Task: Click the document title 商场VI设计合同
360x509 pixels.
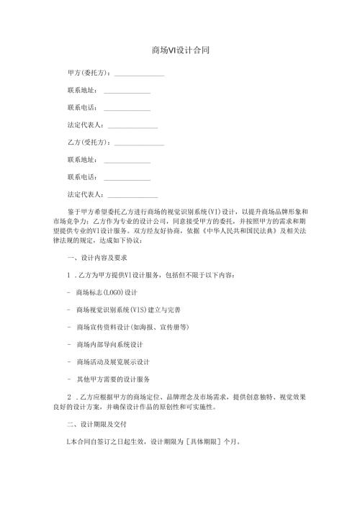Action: pos(180,51)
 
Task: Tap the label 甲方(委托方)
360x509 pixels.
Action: pos(89,73)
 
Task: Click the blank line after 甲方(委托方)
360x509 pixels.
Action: pos(139,75)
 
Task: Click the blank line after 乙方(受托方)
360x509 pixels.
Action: pos(139,143)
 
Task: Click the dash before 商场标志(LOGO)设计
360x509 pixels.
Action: pos(67,293)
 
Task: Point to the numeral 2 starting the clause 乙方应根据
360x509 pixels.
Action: pos(68,395)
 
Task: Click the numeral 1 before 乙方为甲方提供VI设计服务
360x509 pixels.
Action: pos(68,276)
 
